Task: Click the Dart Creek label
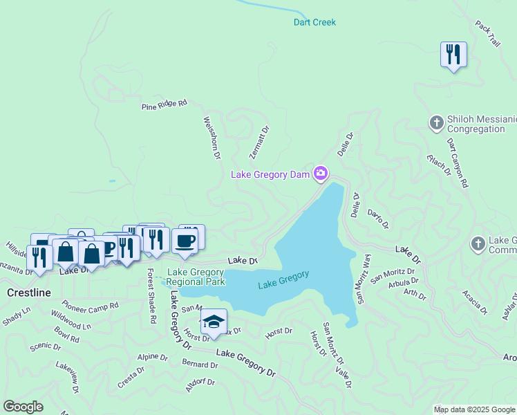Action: tap(314, 22)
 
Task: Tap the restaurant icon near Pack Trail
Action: tap(453, 54)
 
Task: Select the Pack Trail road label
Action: tap(486, 34)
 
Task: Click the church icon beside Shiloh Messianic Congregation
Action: tap(436, 123)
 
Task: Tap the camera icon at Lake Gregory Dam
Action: tap(320, 174)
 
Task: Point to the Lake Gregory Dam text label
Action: tap(270, 175)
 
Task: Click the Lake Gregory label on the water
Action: tap(283, 279)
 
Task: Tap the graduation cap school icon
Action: tap(214, 322)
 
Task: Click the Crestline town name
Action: tap(28, 293)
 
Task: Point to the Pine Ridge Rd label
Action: tap(164, 104)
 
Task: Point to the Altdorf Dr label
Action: tap(202, 385)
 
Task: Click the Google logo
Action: tap(23, 407)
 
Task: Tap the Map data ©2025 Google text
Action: tap(475, 409)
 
